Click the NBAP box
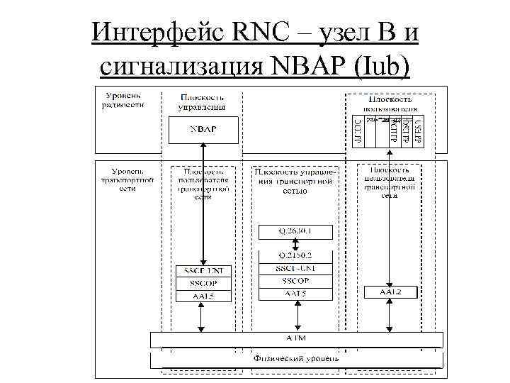pos(203,130)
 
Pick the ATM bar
pos(296,340)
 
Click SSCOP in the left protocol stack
pos(203,283)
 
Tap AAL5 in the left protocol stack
pos(203,296)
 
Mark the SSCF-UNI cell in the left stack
pos(203,270)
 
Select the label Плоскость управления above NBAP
pos(203,101)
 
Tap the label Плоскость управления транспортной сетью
pos(297,181)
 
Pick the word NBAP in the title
pos(301,65)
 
